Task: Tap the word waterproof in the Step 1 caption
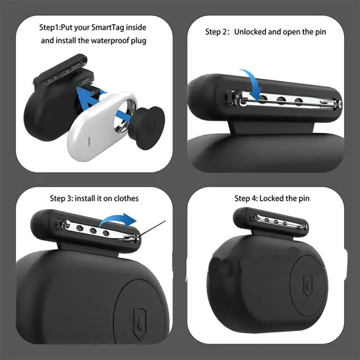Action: [110, 40]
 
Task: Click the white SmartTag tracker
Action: [102, 126]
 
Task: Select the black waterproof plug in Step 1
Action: [146, 128]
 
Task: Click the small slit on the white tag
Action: [89, 141]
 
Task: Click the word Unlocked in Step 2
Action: [250, 31]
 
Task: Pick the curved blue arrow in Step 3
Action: [118, 219]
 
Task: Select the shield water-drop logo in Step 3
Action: [140, 322]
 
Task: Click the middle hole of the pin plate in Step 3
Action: [93, 231]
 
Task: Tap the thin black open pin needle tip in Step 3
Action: [165, 221]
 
